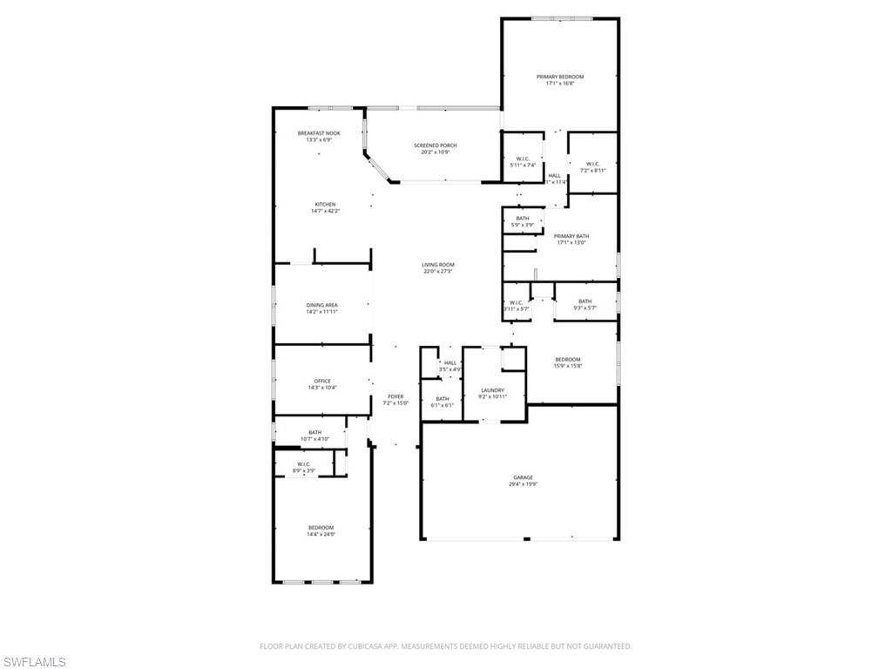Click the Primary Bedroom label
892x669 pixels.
[x=559, y=77]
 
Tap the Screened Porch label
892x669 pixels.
[x=435, y=145]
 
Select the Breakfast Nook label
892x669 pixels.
[x=318, y=133]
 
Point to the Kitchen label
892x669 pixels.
[x=325, y=205]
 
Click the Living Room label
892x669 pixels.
[x=438, y=265]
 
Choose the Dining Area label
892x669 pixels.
[x=321, y=305]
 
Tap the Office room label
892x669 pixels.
[x=321, y=382]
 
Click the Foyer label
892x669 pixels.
[x=394, y=396]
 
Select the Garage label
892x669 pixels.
[x=523, y=477]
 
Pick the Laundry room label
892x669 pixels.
[x=493, y=390]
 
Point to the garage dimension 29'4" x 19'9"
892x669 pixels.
[x=523, y=484]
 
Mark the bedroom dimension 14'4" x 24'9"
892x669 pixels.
[x=320, y=534]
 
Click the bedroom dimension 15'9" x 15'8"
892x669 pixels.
[x=568, y=366]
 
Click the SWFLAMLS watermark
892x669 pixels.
[x=34, y=663]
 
